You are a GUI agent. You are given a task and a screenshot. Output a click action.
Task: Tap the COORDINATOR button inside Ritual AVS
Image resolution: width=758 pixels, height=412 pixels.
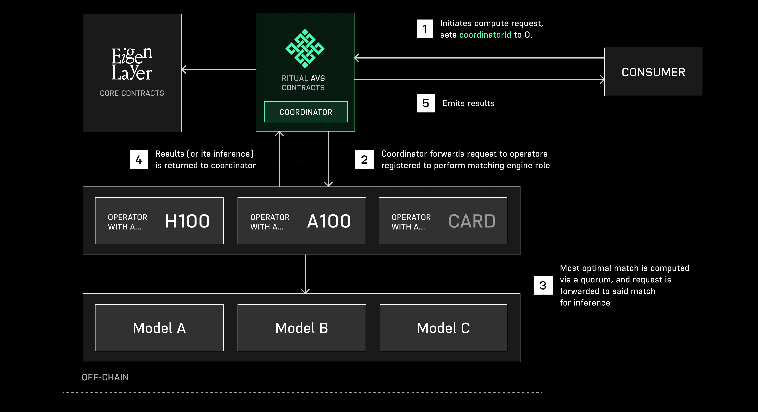(306, 112)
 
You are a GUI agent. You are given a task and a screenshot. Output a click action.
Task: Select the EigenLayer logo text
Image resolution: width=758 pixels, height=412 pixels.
(132, 64)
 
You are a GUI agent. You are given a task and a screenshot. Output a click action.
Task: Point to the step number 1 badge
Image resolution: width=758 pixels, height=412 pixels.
(424, 29)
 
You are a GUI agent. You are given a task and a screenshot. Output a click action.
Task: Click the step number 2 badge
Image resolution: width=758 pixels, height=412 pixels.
(364, 159)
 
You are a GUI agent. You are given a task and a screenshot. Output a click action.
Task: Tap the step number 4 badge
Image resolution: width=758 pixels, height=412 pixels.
(139, 159)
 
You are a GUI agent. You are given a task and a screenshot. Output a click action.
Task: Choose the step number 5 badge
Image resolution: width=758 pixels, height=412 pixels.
(426, 103)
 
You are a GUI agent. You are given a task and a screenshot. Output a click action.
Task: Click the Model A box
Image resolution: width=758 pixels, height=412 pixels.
(159, 328)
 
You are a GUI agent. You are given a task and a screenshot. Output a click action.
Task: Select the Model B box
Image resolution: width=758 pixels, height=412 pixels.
(302, 328)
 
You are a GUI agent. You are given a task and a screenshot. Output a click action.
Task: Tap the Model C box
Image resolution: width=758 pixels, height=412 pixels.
(443, 328)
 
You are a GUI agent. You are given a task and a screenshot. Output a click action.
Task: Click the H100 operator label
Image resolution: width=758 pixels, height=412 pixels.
(187, 221)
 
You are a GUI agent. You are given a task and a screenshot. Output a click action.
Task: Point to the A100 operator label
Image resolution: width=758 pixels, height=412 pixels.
(329, 221)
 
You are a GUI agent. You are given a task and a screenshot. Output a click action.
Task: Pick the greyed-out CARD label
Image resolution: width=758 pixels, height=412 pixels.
(472, 221)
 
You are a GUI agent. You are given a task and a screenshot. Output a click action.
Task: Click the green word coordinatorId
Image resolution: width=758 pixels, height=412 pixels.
(485, 35)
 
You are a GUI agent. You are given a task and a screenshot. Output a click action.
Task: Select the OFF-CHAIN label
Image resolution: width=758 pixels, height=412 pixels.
(105, 377)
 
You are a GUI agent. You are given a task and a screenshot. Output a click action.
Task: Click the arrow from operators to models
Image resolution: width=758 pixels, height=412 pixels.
(305, 274)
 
